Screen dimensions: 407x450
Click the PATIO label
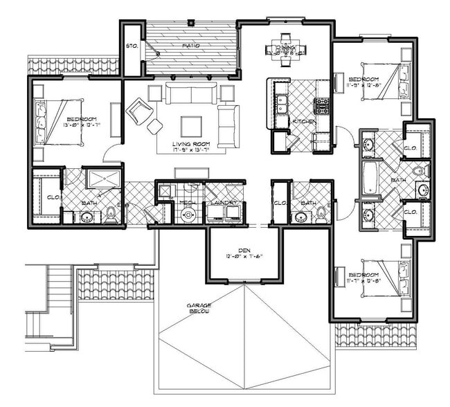coord(191,46)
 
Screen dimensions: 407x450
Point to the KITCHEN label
coord(304,122)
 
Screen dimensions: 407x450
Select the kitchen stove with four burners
coord(322,106)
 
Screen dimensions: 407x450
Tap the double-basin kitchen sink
coord(282,105)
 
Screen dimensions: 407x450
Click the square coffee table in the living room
coord(192,126)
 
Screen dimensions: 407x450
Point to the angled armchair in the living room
coord(139,111)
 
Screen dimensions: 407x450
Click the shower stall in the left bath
coord(103,179)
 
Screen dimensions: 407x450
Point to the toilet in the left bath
coord(111,215)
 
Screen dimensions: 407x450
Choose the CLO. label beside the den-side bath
coord(280,203)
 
